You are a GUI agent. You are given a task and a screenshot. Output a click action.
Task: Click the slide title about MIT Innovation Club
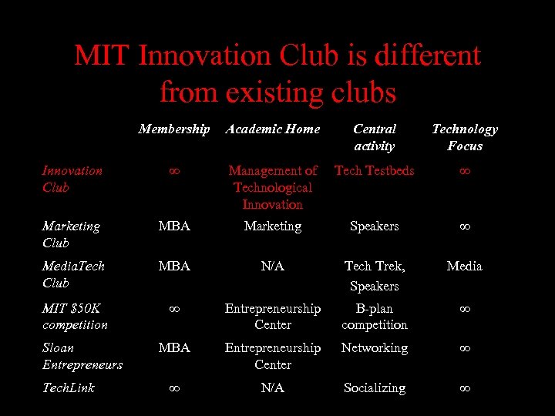coord(277,74)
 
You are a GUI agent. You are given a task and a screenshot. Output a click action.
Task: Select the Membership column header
coord(173,129)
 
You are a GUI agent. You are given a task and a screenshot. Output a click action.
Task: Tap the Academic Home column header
coord(272,129)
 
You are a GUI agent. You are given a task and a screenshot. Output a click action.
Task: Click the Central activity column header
coord(375,137)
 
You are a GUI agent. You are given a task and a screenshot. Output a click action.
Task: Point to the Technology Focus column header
coord(464,137)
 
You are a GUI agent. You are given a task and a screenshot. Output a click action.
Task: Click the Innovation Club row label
coord(72,179)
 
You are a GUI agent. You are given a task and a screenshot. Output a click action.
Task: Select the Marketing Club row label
coord(71,234)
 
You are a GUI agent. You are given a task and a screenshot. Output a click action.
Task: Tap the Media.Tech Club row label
coord(73,273)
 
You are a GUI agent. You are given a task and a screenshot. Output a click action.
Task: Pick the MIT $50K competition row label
coord(75,317)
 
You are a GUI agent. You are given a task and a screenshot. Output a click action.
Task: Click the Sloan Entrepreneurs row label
coord(82,356)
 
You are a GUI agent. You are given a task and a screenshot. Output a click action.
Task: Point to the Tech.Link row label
coord(69,387)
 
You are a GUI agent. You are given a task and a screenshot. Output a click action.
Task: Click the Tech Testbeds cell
coord(374,171)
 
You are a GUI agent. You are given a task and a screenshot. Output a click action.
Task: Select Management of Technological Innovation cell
coord(272,187)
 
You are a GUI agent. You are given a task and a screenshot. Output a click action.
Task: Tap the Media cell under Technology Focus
coord(464,266)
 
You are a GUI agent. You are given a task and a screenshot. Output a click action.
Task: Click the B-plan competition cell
coord(374,317)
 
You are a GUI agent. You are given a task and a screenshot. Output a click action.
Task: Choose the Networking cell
coord(374,348)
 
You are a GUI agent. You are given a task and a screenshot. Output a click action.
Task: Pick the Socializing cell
coord(374,387)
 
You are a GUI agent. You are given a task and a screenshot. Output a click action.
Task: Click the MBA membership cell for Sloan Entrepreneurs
coord(174,348)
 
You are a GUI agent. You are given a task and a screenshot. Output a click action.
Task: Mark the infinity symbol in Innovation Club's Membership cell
coord(174,171)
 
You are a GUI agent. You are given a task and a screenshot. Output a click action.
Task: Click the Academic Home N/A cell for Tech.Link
coord(272,387)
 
